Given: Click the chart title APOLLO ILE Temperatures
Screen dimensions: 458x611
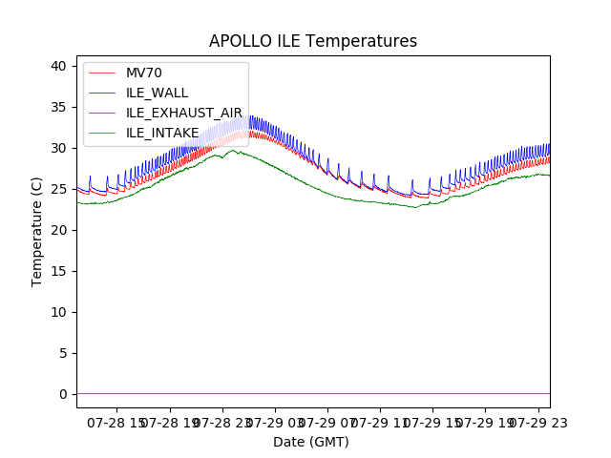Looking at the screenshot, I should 313,41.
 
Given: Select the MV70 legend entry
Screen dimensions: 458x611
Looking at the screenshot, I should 144,73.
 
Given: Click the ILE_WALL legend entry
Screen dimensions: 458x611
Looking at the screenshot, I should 157,93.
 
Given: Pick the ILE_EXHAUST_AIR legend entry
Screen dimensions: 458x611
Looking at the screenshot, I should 184,113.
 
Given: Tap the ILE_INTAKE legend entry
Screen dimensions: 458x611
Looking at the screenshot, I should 162,133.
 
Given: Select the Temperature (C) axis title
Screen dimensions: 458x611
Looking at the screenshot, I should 37,231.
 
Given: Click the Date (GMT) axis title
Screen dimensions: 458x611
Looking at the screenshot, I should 311,442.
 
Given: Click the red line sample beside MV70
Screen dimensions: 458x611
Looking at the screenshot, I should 101,73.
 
